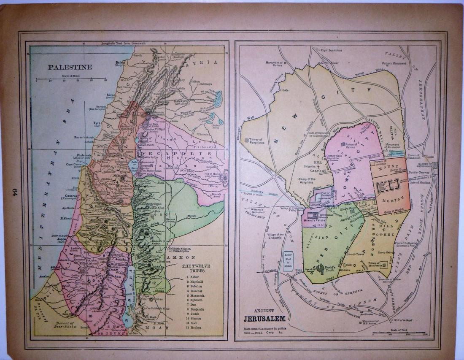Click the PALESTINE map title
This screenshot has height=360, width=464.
coord(65,67)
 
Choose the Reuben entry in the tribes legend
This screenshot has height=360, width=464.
coord(193,327)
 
